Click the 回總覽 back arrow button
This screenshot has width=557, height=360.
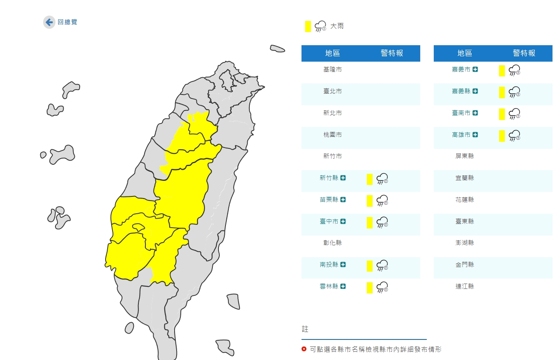point(49,22)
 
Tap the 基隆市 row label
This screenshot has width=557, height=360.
point(332,69)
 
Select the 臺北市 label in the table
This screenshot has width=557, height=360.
point(332,91)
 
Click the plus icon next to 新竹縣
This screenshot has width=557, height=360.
point(343,178)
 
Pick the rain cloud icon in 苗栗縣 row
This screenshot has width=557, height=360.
point(382,201)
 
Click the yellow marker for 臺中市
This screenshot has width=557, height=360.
point(369,222)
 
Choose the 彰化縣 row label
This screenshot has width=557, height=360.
point(332,243)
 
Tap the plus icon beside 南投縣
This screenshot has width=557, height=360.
point(343,265)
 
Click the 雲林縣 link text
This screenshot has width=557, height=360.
point(329,286)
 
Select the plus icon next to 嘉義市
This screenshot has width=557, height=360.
point(475,70)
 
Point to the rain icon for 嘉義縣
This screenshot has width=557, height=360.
point(514,92)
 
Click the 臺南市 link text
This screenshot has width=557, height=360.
point(461,113)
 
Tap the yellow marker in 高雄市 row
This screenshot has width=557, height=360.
point(502,136)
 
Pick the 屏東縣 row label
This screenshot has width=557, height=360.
point(465,156)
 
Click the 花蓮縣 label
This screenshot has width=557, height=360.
point(465,200)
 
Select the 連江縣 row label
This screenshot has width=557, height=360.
point(465,286)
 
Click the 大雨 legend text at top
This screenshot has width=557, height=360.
point(337,26)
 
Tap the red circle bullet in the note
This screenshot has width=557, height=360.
point(304,349)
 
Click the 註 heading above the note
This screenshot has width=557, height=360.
point(305,329)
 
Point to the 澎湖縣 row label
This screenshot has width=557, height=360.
point(465,243)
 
